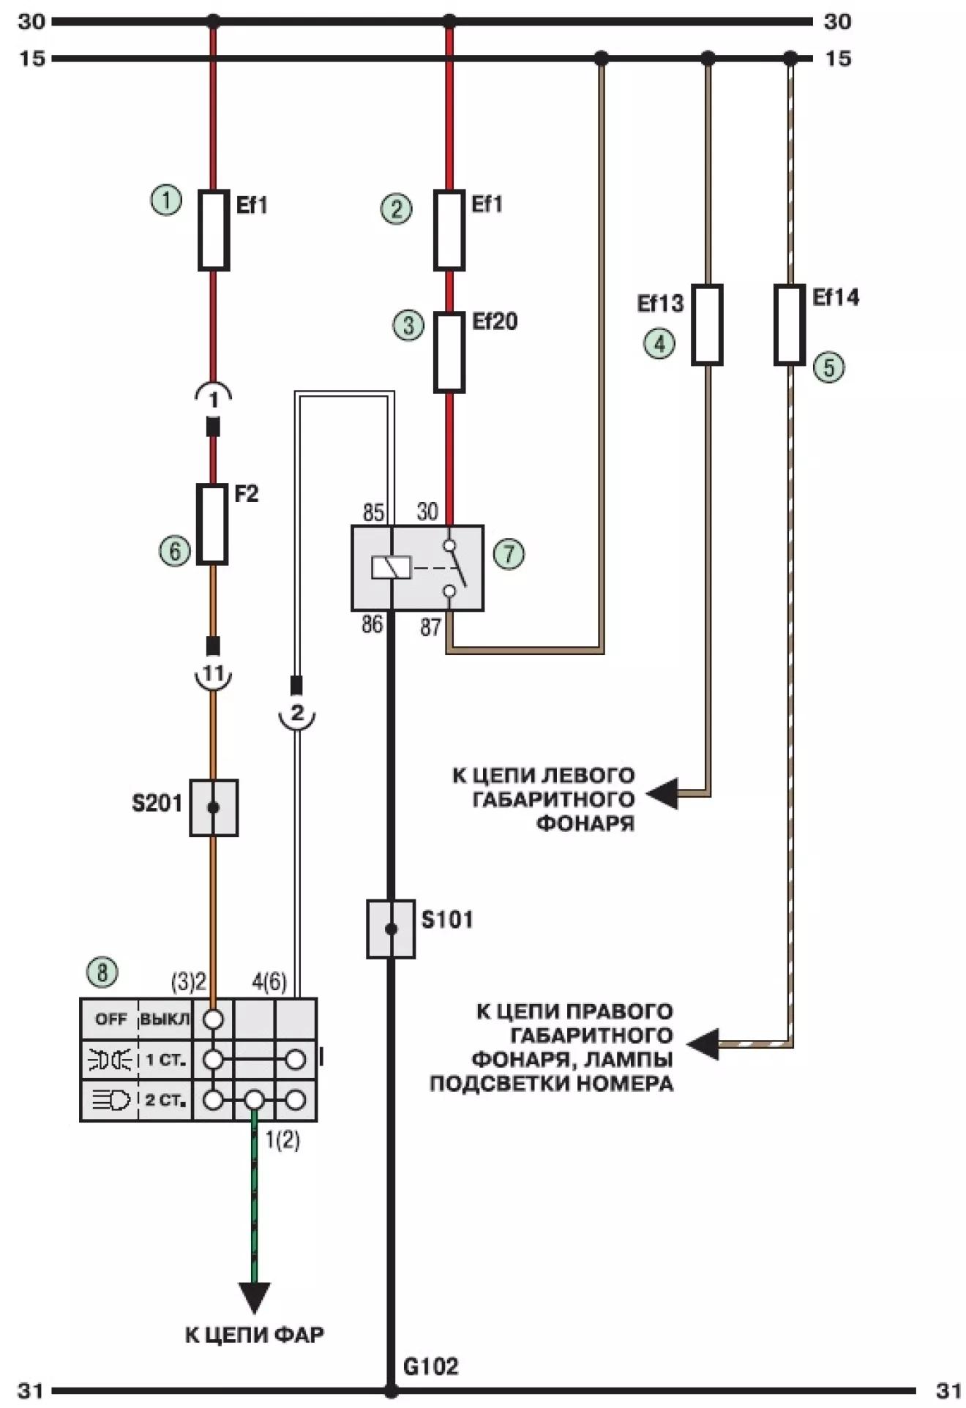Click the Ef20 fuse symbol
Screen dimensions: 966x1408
click(x=449, y=352)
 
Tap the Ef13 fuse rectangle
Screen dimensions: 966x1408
click(x=707, y=324)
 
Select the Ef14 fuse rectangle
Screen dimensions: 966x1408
click(x=790, y=324)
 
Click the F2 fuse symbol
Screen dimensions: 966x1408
click(x=212, y=524)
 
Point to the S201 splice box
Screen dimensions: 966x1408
click(x=214, y=807)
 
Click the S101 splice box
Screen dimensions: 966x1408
click(x=391, y=929)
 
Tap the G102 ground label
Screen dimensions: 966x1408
click(x=431, y=1366)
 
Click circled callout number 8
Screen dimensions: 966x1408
click(x=102, y=973)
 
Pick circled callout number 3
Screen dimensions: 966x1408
click(x=408, y=325)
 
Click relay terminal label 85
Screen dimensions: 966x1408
click(x=373, y=513)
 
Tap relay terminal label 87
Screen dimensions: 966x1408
click(x=431, y=627)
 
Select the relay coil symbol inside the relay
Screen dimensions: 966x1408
click(x=392, y=568)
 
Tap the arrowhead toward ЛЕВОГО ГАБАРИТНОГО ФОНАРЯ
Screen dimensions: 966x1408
click(x=663, y=794)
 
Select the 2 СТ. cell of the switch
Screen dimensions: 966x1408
click(x=165, y=1100)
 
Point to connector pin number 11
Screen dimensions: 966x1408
click(x=213, y=673)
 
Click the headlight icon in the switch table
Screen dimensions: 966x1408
click(x=110, y=1100)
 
